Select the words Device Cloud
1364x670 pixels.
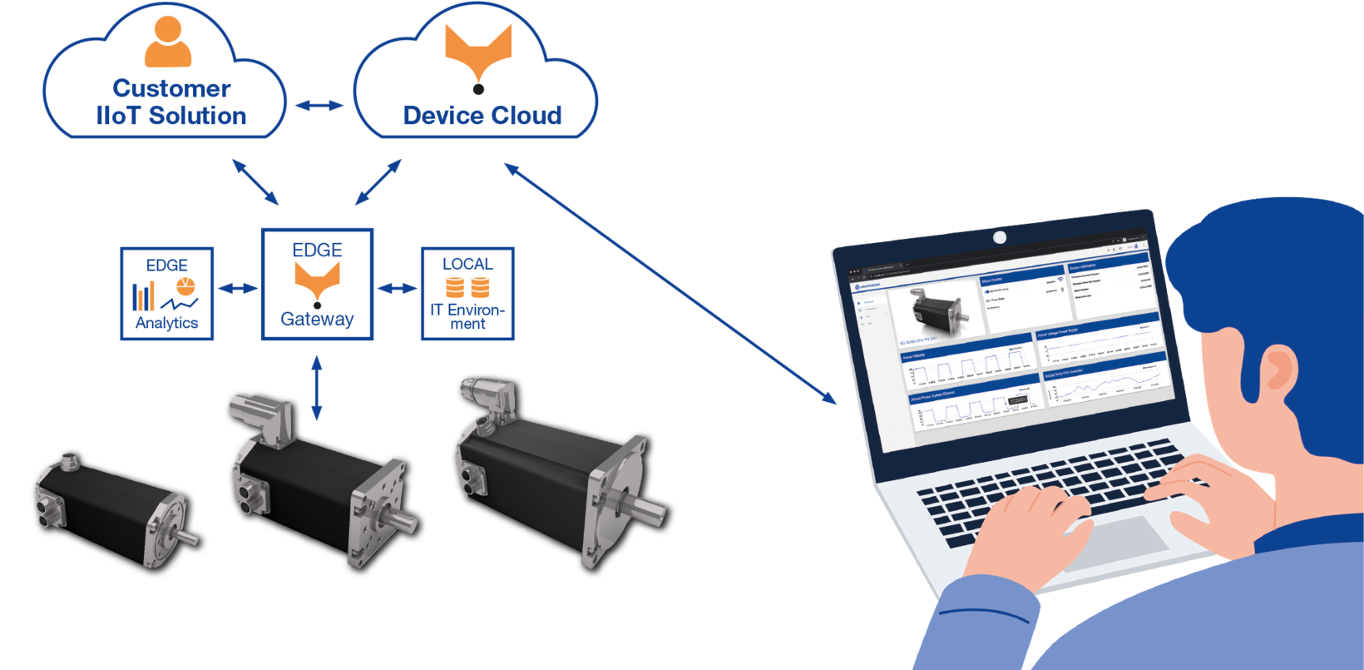click(x=482, y=115)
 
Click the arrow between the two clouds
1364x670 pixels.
click(x=319, y=105)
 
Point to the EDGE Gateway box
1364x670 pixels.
click(x=317, y=285)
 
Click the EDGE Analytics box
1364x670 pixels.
click(x=167, y=293)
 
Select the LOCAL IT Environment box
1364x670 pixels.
click(x=467, y=293)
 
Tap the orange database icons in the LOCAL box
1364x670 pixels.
click(x=467, y=288)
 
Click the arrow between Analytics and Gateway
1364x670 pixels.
click(x=238, y=289)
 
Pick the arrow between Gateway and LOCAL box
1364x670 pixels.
click(x=398, y=289)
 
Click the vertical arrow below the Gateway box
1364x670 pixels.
click(x=316, y=387)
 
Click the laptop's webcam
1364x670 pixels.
click(x=1000, y=238)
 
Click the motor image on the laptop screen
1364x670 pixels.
click(x=940, y=308)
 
